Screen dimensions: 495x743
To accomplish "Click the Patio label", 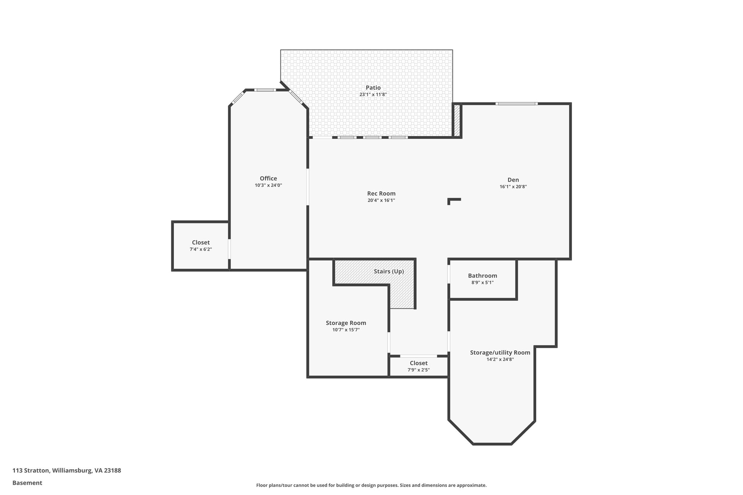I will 373,88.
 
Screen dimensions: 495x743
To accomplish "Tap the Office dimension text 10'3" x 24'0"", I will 268,185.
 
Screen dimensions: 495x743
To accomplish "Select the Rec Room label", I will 381,194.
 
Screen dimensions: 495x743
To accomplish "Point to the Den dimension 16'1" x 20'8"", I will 513,187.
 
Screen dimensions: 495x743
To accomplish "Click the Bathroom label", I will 482,276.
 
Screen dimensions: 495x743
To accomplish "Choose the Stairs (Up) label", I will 389,272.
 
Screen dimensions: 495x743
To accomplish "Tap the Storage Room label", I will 346,323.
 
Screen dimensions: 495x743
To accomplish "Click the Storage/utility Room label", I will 500,352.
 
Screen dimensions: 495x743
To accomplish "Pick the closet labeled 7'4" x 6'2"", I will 201,246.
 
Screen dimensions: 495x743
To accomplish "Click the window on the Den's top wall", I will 516,104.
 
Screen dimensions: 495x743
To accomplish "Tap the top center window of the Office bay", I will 264,90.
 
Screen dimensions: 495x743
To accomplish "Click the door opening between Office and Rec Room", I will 308,187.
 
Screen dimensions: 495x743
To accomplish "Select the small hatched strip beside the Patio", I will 457,120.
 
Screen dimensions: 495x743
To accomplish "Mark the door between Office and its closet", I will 229,248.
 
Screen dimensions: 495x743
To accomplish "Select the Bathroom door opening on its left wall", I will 449,274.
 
